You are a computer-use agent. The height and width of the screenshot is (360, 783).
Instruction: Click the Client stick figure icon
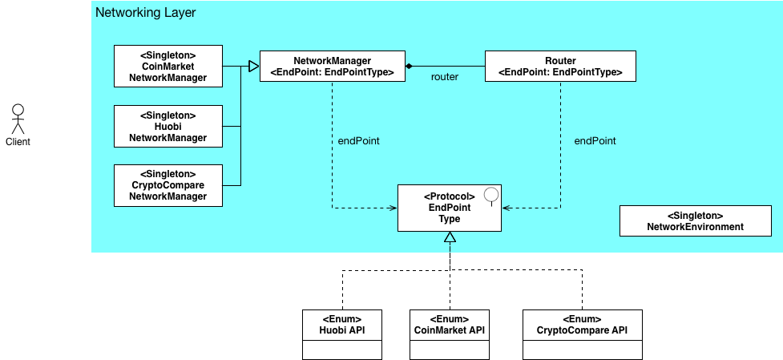(x=18, y=118)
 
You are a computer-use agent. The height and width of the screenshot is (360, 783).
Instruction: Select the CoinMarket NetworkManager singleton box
(x=167, y=67)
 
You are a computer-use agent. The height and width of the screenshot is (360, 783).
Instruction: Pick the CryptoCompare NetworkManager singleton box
(x=167, y=185)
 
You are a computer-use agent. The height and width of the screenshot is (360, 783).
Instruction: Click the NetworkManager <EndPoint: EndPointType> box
(x=332, y=67)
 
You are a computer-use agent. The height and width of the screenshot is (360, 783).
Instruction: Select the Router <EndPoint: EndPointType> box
(x=559, y=67)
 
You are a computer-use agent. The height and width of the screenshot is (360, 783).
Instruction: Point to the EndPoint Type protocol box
(x=450, y=208)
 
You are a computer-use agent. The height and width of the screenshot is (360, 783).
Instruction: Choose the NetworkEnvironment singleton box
(x=695, y=221)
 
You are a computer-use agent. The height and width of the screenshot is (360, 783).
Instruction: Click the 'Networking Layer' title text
(x=145, y=13)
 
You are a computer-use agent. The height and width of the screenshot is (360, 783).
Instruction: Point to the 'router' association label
(x=445, y=78)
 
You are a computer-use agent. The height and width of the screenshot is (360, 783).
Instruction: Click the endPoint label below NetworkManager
(x=358, y=141)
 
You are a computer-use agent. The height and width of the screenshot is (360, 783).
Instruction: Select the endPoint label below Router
(x=595, y=141)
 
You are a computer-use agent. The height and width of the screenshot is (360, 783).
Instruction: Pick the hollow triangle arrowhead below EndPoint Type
(x=450, y=237)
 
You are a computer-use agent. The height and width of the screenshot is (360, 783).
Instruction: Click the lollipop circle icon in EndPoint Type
(x=491, y=193)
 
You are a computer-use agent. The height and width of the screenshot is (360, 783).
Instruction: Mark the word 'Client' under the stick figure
(x=18, y=143)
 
